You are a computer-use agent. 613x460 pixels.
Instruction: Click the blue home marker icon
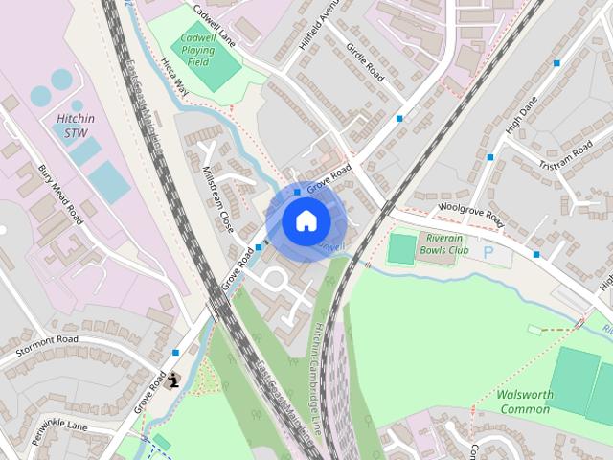306,221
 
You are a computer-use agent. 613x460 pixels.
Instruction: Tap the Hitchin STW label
76,125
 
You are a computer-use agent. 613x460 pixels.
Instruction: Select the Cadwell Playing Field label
197,50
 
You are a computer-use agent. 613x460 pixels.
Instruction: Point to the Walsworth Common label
524,402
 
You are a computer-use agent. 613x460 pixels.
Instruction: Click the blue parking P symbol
489,253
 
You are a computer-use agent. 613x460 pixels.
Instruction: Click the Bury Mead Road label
60,194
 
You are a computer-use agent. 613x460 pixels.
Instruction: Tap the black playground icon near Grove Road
173,381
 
